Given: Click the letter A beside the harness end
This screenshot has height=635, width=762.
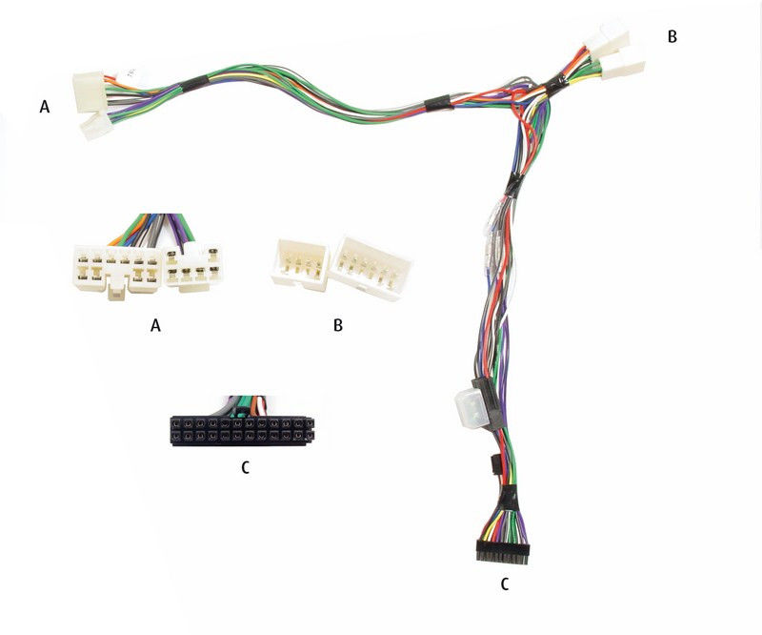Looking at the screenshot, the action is click(44, 107).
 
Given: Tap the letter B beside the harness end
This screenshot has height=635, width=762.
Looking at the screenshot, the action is click(672, 36).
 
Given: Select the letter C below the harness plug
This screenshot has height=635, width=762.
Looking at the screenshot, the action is click(505, 584).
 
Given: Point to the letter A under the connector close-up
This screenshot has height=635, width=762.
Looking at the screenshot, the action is click(155, 325).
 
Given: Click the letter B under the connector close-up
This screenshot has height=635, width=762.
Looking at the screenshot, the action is click(338, 325).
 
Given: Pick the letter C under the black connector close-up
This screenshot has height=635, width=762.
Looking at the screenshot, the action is click(246, 467).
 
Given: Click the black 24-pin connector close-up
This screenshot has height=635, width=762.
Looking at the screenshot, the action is click(242, 430).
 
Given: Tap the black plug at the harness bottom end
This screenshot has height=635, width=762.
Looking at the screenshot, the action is click(503, 552).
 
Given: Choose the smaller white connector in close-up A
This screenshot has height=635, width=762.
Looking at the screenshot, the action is click(193, 268).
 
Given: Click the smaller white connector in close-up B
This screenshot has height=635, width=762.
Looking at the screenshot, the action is click(299, 264).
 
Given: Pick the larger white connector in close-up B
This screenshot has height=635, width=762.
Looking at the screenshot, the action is click(371, 269).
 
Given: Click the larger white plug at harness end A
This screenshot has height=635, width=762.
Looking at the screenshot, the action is click(89, 92).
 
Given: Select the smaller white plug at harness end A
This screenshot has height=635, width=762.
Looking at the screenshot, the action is click(96, 126).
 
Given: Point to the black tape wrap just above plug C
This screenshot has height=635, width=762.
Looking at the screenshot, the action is click(511, 498).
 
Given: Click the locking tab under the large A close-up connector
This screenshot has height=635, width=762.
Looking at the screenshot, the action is click(115, 292).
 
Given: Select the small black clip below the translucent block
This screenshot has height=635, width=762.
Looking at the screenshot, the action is click(494, 464).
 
